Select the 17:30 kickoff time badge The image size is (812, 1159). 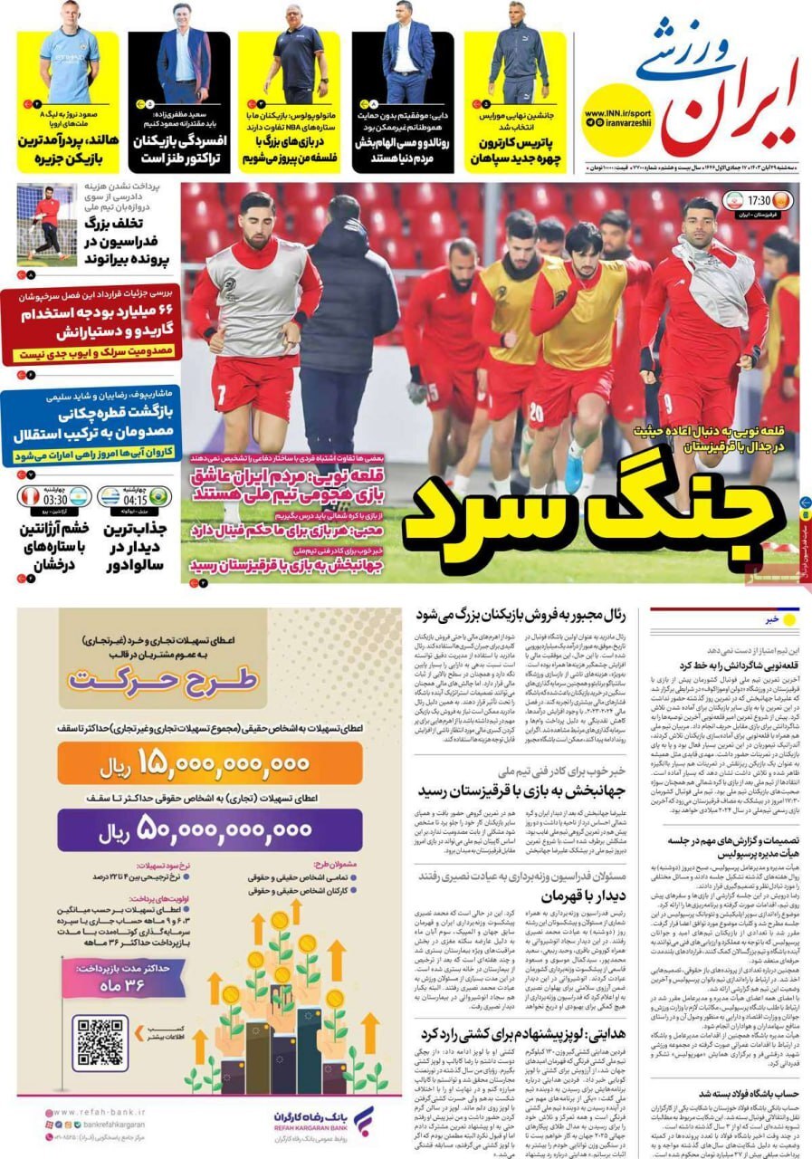(x=758, y=200)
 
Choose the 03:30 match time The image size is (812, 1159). (x=54, y=498)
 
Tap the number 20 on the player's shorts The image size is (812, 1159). (x=535, y=412)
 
